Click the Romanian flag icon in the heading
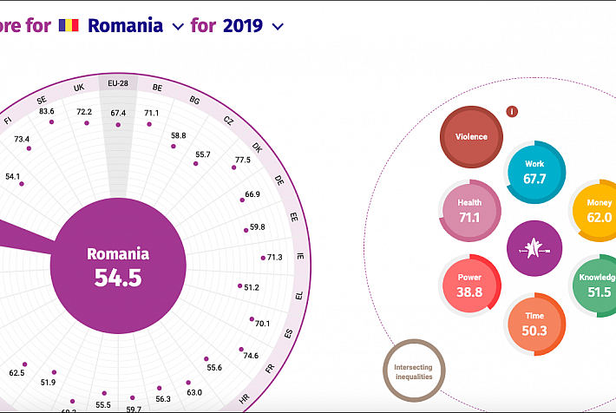(x=69, y=25)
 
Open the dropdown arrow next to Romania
(x=178, y=26)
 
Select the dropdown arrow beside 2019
(x=278, y=26)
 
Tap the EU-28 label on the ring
(x=118, y=84)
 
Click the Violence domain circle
(x=471, y=136)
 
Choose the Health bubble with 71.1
(x=469, y=211)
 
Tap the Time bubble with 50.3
(x=535, y=323)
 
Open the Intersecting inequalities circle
(x=414, y=371)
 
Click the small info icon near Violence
(x=512, y=111)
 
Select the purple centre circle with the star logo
(x=534, y=248)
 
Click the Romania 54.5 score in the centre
(x=118, y=265)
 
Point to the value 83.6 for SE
(x=47, y=111)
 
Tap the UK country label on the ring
(x=79, y=88)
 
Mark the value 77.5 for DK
(x=242, y=160)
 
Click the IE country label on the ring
(x=299, y=257)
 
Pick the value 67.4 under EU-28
(x=118, y=113)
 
